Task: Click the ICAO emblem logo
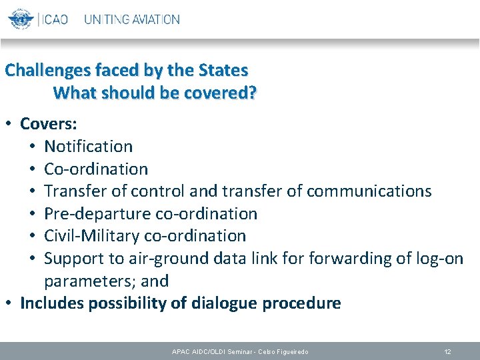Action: [x=20, y=19]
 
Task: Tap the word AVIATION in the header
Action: [x=155, y=19]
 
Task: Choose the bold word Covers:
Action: [x=49, y=124]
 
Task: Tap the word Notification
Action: [x=89, y=146]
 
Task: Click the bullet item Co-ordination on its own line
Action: [x=96, y=169]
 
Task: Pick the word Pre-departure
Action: [x=97, y=214]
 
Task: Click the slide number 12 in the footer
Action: [x=448, y=351]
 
